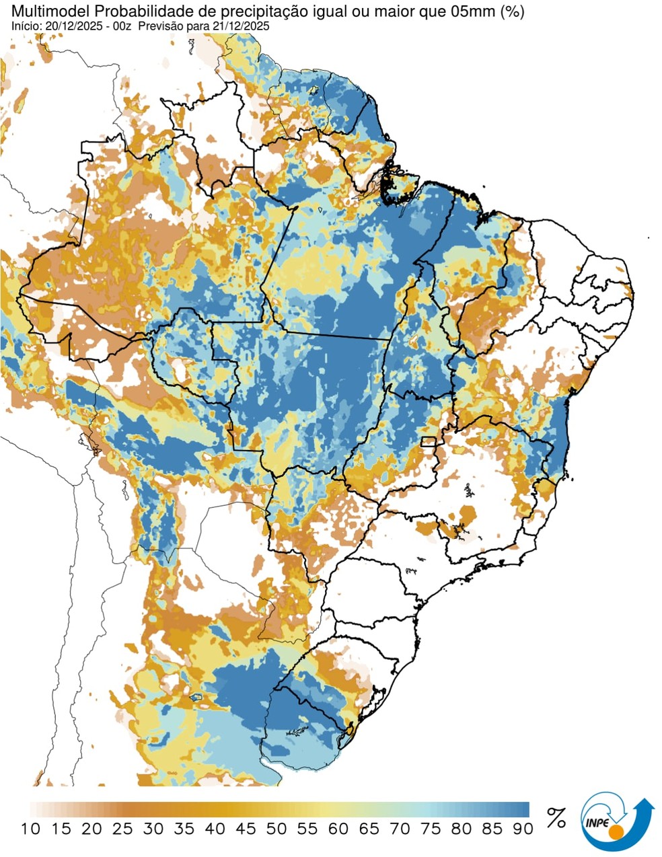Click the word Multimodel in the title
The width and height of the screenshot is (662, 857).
click(38, 11)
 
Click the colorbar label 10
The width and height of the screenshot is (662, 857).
click(30, 829)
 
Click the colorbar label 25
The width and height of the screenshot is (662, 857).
click(122, 829)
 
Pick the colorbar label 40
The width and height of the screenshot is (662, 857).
click(215, 829)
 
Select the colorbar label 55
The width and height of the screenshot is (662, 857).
click(307, 829)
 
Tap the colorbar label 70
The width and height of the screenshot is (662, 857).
click(400, 829)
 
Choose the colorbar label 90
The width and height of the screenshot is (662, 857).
click(522, 829)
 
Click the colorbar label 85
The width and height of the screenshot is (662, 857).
click(492, 829)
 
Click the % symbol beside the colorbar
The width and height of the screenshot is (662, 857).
click(556, 818)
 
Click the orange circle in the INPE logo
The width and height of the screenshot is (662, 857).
click(615, 835)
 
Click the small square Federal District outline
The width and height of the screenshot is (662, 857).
click(428, 442)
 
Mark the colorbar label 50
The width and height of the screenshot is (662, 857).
click(277, 829)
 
